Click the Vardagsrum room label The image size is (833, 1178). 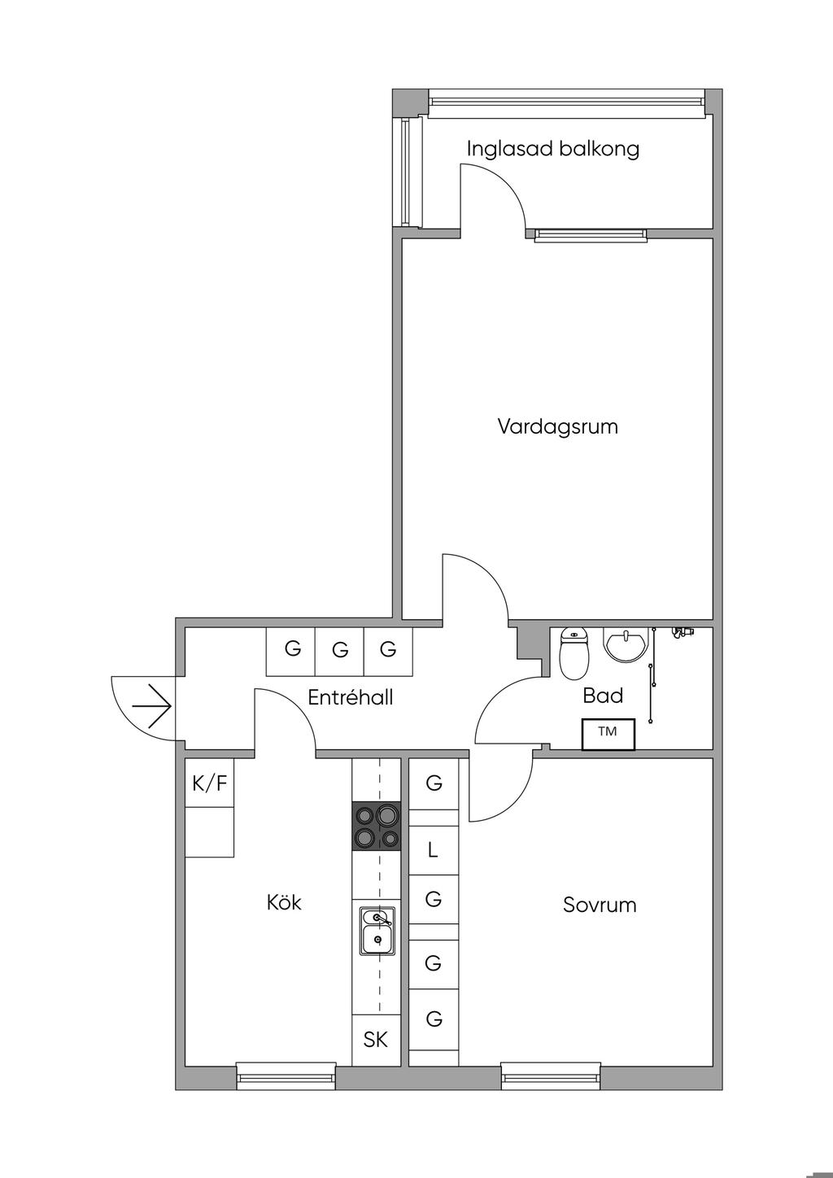click(x=557, y=426)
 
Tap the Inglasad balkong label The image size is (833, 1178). click(x=553, y=149)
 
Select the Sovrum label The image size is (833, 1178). click(x=600, y=905)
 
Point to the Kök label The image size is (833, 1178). click(x=284, y=902)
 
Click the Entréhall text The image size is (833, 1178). click(x=351, y=697)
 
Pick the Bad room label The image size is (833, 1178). click(x=603, y=696)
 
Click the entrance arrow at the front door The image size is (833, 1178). click(x=151, y=705)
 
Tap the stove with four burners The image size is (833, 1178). click(x=376, y=827)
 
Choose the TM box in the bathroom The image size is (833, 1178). click(x=608, y=734)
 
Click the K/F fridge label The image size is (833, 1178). click(x=209, y=784)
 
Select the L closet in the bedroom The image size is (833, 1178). click(x=434, y=850)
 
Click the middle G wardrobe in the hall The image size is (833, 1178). click(x=340, y=651)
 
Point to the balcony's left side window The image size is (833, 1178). click(x=407, y=172)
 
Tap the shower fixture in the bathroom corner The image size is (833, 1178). click(x=683, y=630)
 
